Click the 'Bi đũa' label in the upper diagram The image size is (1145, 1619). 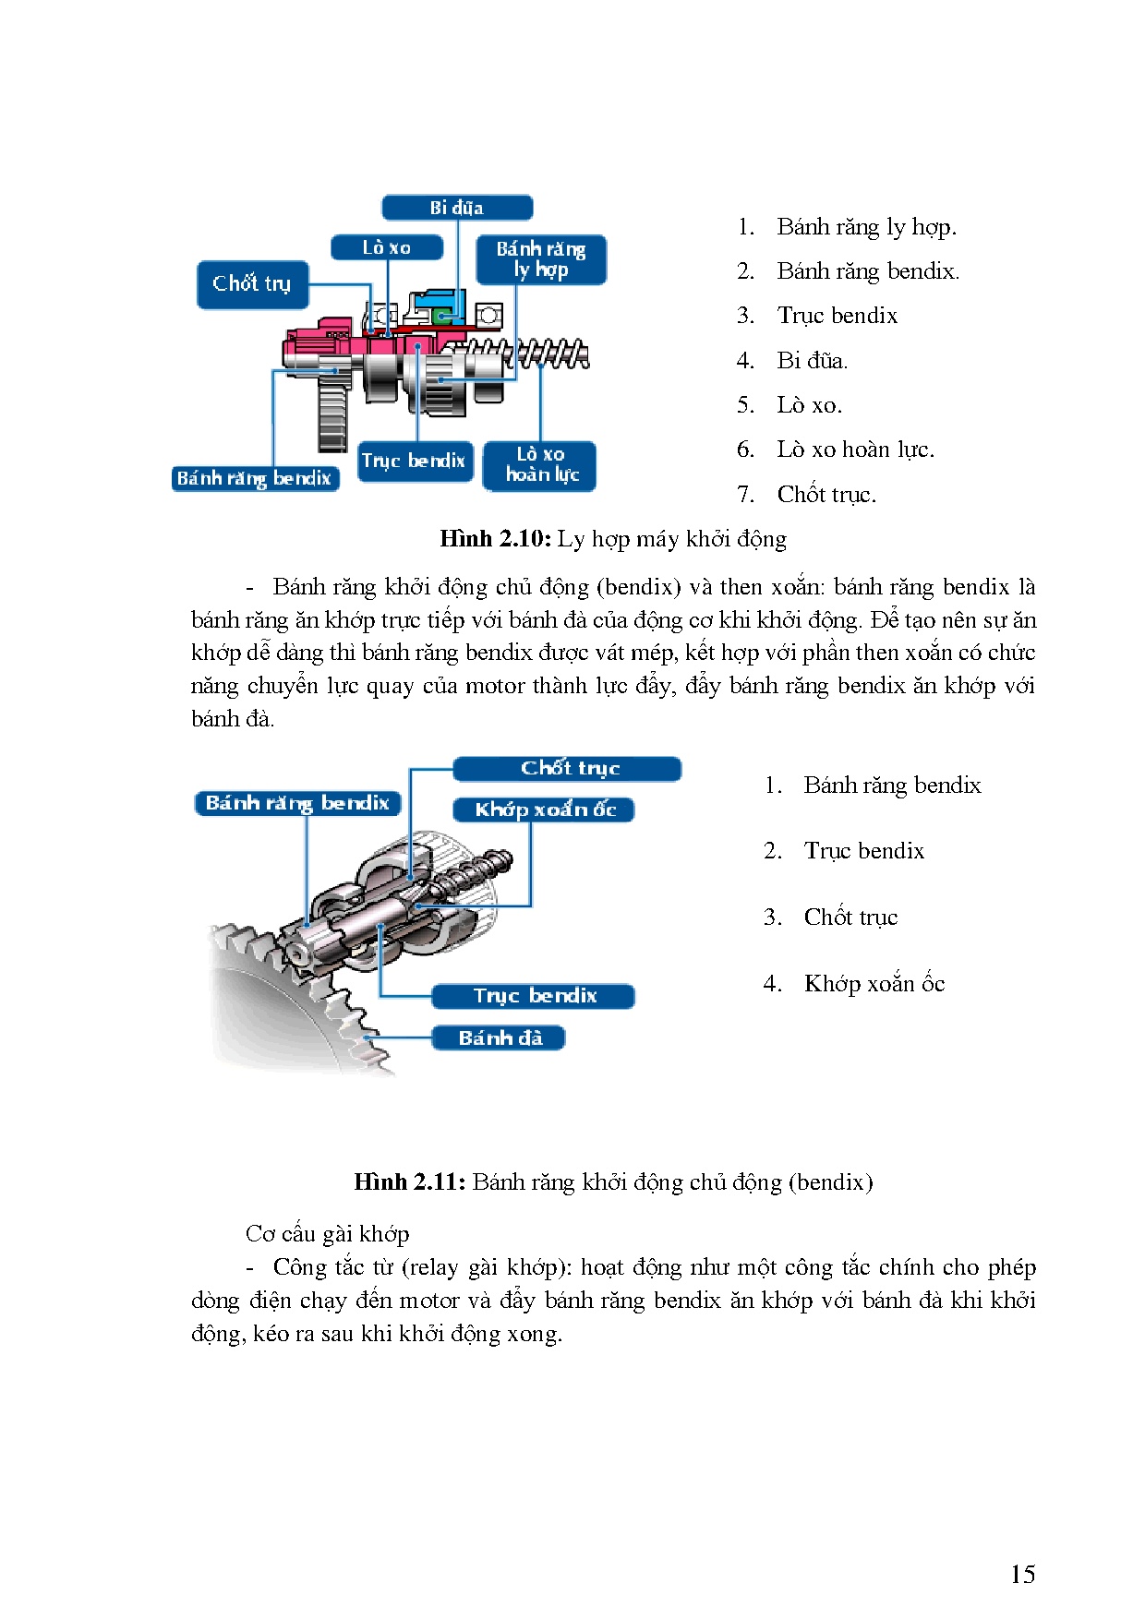(x=457, y=208)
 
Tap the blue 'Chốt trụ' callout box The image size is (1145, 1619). (x=252, y=284)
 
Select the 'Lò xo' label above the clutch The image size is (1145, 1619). (x=387, y=247)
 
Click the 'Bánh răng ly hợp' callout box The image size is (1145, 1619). (x=541, y=259)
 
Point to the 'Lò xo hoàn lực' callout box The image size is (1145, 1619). (x=540, y=465)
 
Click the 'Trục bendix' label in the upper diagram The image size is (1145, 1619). (x=414, y=461)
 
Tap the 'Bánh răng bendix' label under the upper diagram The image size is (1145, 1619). (x=255, y=478)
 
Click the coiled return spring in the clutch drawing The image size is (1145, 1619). (x=552, y=354)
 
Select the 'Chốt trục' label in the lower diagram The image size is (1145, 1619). (x=568, y=768)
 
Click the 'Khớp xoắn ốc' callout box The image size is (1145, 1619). (x=544, y=809)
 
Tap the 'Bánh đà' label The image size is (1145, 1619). (x=499, y=1037)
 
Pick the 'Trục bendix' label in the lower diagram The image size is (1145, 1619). (x=534, y=996)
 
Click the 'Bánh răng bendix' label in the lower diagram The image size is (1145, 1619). (x=297, y=803)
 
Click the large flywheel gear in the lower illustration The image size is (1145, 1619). (x=277, y=1006)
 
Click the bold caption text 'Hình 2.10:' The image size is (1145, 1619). (x=495, y=539)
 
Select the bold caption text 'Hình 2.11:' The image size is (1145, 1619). (x=409, y=1182)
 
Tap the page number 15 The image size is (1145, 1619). (x=1022, y=1575)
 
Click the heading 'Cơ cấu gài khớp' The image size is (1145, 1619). (x=328, y=1234)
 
